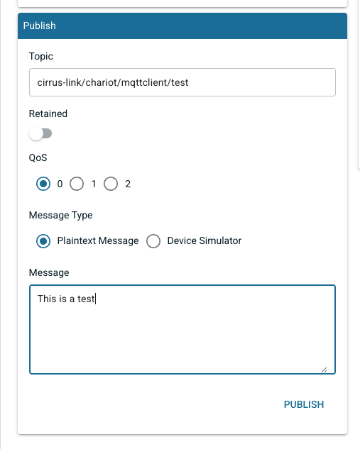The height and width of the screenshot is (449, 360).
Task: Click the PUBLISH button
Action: pyautogui.click(x=304, y=404)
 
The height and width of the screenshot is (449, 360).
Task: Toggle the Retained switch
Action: pyautogui.click(x=40, y=133)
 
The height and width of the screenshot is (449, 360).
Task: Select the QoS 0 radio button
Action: pyautogui.click(x=43, y=184)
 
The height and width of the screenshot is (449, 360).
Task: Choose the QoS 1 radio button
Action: pyautogui.click(x=77, y=184)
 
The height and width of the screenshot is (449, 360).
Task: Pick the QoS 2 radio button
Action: pyautogui.click(x=111, y=184)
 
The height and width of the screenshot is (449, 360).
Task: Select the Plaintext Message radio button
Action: pyautogui.click(x=43, y=241)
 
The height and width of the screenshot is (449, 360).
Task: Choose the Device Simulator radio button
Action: pyautogui.click(x=153, y=241)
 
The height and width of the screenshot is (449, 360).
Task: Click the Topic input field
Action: pyautogui.click(x=182, y=82)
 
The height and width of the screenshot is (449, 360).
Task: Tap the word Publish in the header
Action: pyautogui.click(x=40, y=26)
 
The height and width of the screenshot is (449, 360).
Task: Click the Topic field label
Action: pyautogui.click(x=41, y=57)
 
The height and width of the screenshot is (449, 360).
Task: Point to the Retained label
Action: pyautogui.click(x=48, y=113)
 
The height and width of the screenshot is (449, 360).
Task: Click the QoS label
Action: pyautogui.click(x=38, y=157)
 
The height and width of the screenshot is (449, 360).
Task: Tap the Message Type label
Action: pyautogui.click(x=61, y=215)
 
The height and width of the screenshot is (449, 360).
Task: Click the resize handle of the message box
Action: pyautogui.click(x=324, y=370)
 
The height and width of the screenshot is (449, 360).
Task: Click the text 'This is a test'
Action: pyautogui.click(x=66, y=299)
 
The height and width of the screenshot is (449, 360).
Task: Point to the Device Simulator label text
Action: pyautogui.click(x=204, y=241)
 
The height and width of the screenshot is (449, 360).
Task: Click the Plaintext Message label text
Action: pyautogui.click(x=98, y=241)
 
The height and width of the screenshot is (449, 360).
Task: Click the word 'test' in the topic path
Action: pyautogui.click(x=180, y=82)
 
